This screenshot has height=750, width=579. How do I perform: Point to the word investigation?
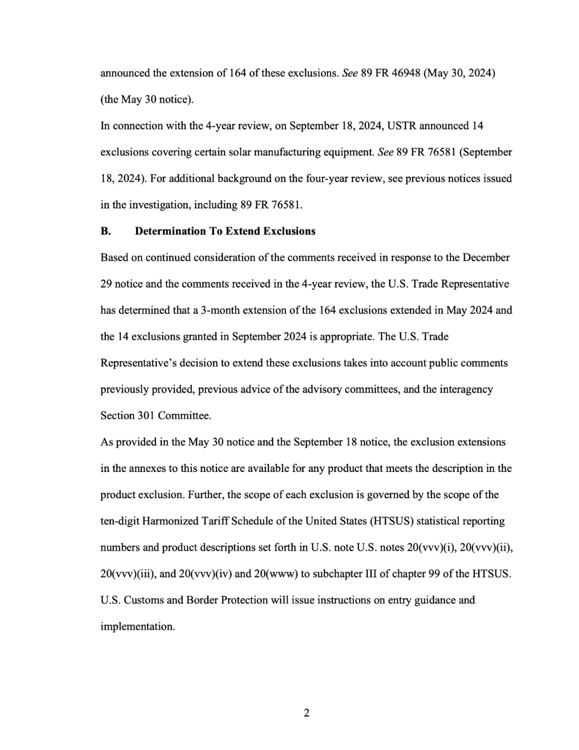click(x=161, y=205)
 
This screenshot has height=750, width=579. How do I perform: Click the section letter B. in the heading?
click(x=106, y=231)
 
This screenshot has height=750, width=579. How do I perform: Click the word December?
click(x=486, y=257)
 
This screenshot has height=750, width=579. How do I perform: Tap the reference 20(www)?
click(x=276, y=574)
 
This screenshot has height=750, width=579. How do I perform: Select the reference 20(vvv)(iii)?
click(x=128, y=574)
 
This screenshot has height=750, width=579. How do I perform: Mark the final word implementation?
click(x=137, y=626)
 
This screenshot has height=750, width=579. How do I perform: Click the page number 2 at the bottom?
click(x=306, y=713)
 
